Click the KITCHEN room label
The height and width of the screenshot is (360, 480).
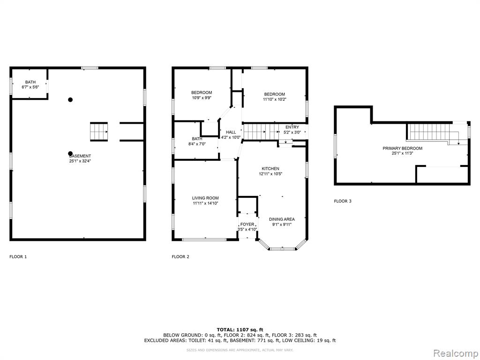click(270, 169)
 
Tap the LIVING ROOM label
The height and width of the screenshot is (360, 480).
click(205, 198)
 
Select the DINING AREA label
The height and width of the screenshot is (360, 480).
click(282, 219)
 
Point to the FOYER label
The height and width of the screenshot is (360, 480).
click(247, 225)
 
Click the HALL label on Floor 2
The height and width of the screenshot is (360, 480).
click(231, 132)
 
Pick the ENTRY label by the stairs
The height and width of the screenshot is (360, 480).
click(292, 127)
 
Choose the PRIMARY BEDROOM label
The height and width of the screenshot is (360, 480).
click(403, 149)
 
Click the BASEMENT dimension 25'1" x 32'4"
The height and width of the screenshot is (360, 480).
click(80, 161)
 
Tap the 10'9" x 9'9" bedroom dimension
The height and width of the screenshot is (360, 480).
click(202, 98)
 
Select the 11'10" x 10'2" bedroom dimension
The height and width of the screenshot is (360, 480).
click(275, 99)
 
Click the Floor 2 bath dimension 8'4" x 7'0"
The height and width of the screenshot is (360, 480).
click(197, 144)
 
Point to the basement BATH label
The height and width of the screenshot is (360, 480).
click(30, 82)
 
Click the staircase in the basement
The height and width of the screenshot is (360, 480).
click(99, 132)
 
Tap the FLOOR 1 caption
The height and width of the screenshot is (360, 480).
click(18, 257)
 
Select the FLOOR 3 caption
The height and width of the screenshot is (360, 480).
click(343, 201)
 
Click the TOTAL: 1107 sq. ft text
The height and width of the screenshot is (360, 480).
click(240, 330)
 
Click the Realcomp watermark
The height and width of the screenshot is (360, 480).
click(456, 353)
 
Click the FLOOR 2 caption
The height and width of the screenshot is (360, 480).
click(180, 257)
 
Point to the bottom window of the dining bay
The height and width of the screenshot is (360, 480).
click(283, 249)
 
